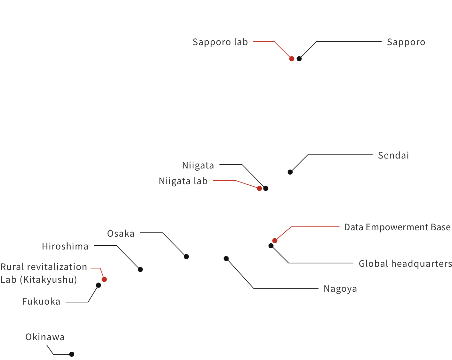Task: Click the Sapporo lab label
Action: (x=220, y=42)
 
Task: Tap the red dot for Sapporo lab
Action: (x=292, y=59)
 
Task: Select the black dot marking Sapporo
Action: (x=299, y=59)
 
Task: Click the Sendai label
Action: (x=393, y=155)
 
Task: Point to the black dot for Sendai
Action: (x=290, y=172)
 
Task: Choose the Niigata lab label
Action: (x=183, y=181)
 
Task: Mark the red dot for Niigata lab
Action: (x=259, y=188)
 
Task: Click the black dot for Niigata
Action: (x=266, y=188)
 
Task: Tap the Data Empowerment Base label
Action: (x=397, y=227)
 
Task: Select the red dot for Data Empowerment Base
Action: (x=275, y=241)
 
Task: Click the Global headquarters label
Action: (x=405, y=264)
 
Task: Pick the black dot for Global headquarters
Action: (x=271, y=246)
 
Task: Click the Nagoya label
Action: (x=340, y=289)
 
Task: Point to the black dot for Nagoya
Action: (x=226, y=258)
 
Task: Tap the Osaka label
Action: (x=121, y=233)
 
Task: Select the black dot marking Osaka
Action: (x=186, y=257)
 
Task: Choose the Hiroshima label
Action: (x=65, y=246)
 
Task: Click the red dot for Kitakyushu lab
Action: (x=104, y=279)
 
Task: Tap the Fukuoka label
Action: (x=41, y=301)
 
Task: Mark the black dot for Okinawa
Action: (x=72, y=354)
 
